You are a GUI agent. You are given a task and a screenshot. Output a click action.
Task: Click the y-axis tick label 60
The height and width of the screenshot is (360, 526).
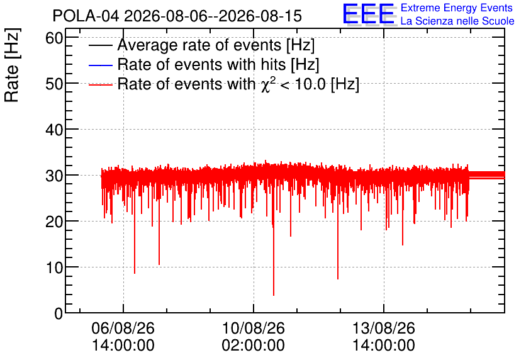coord(54,38)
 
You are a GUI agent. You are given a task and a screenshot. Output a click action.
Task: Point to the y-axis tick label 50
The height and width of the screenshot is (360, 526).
coord(54,84)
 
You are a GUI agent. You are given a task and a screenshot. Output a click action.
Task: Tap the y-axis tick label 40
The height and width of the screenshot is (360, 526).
coord(54,130)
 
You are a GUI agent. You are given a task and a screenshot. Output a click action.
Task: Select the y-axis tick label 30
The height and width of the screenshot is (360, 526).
coord(54,176)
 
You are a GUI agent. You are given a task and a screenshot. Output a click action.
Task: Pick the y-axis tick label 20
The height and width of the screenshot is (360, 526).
coord(54,222)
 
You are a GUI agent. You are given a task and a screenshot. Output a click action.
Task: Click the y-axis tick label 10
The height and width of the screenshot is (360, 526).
coord(54,267)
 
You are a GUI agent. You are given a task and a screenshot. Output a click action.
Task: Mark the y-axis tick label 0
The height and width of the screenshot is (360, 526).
coord(59,313)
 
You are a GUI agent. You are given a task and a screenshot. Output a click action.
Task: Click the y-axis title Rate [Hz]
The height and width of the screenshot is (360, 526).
coord(12,65)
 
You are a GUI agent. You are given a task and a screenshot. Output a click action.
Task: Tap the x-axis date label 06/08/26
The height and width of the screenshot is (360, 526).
coord(123,328)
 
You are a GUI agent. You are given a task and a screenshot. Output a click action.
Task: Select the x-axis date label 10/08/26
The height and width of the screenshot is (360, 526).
coord(254,328)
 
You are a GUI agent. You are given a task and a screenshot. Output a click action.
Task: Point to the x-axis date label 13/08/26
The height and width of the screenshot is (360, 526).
coord(384,328)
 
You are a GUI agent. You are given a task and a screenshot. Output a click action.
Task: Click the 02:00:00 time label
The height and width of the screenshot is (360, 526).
coord(254,346)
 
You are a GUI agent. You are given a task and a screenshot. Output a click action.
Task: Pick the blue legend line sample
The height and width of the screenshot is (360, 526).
coord(100,65)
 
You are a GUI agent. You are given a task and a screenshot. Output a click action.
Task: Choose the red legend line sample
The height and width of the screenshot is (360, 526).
coord(100,85)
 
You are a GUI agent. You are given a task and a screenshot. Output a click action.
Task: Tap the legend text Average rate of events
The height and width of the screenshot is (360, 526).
coord(199,45)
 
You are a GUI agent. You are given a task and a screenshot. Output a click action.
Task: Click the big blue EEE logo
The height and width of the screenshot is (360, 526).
coord(369,14)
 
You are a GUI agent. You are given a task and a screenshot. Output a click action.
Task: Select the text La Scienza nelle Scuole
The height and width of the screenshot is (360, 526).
coord(457,21)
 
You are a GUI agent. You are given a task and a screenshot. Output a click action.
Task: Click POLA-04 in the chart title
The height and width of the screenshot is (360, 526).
coord(86,16)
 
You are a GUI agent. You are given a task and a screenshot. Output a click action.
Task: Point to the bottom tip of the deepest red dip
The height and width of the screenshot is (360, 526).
coord(274,295)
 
